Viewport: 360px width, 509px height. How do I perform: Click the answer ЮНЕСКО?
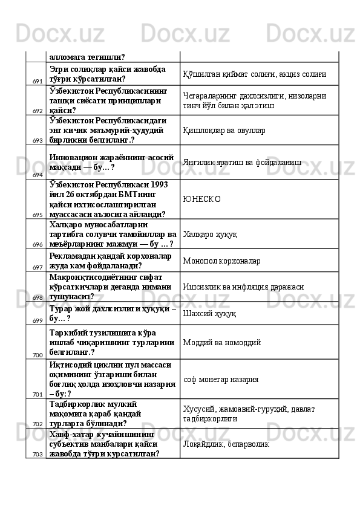201,198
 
